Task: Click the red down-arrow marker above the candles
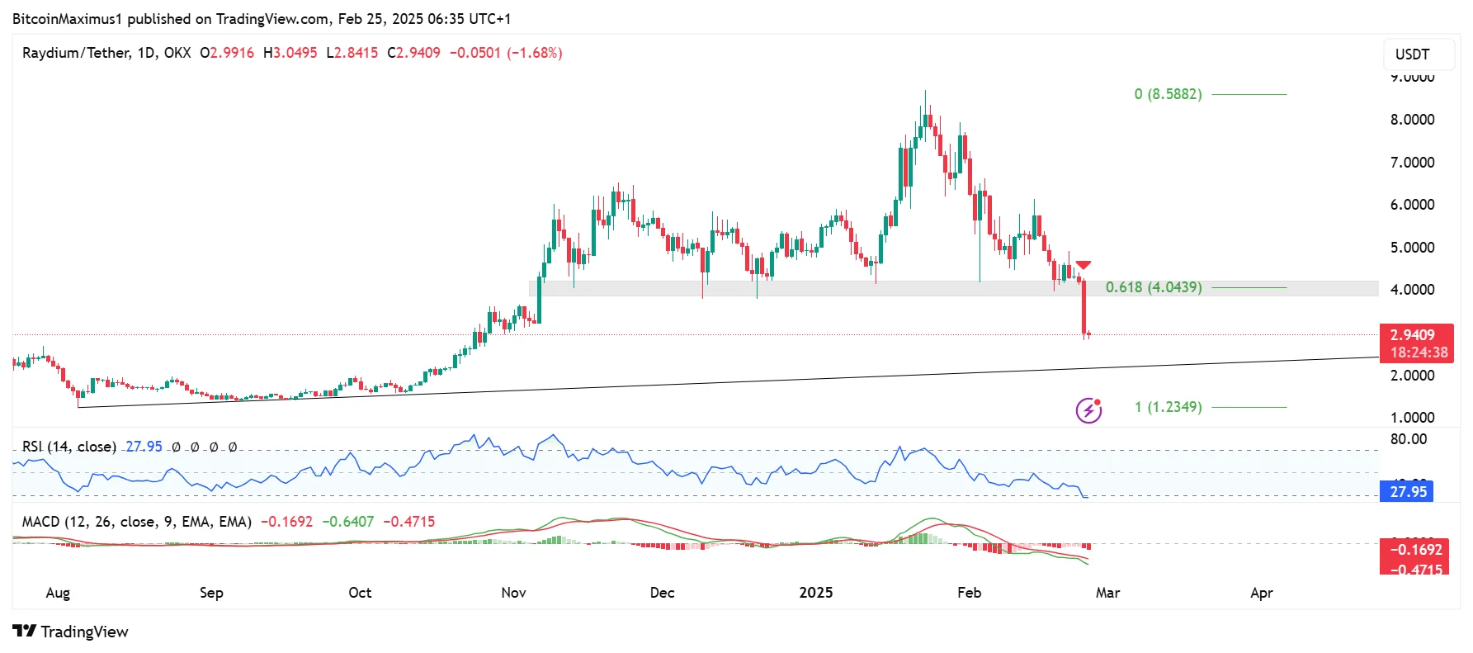tap(1084, 265)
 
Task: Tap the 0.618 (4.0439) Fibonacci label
tap(1153, 287)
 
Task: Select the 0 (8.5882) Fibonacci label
tap(1167, 94)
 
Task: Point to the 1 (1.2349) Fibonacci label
tap(1167, 407)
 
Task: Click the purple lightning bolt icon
tap(1088, 409)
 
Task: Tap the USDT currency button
tap(1411, 54)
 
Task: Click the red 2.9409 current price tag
tap(1414, 335)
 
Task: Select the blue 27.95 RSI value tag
tap(1406, 492)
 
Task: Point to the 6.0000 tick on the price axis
tap(1412, 205)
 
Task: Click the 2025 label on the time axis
tap(815, 593)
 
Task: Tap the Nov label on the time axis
tap(513, 593)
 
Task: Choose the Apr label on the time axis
tap(1261, 593)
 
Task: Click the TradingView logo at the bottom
tap(71, 632)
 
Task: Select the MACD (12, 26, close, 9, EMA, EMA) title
tap(136, 522)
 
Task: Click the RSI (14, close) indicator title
tap(69, 447)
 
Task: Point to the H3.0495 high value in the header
tap(290, 53)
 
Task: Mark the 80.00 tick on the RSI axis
tap(1408, 439)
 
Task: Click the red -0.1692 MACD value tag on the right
tap(1415, 550)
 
